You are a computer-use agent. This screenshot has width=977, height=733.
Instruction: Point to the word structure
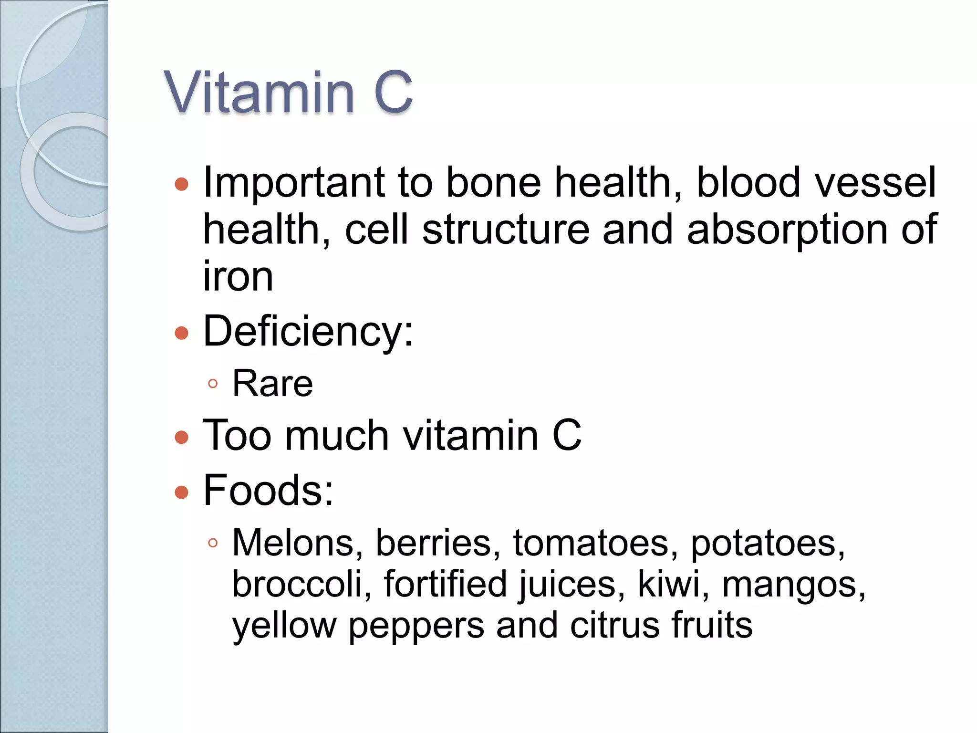506,230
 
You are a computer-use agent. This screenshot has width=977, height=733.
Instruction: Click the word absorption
788,230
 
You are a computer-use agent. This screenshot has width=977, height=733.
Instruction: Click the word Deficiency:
308,331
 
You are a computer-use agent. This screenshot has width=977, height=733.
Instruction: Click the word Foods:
268,491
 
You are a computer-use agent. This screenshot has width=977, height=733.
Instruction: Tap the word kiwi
674,584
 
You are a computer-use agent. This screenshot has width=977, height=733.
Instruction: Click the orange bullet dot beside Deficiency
182,333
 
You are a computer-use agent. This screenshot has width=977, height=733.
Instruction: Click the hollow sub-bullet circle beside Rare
213,384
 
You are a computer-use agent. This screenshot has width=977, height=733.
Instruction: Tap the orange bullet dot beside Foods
182,492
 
